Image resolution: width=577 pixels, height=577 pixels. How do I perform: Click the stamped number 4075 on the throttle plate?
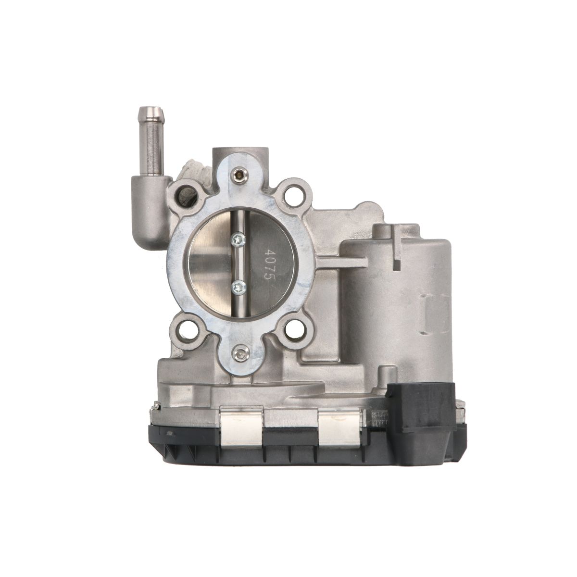pos(268,263)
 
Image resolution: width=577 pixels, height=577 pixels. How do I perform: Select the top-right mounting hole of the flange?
pos(294,193)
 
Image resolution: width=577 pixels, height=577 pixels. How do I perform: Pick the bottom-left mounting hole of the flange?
pos(186,330)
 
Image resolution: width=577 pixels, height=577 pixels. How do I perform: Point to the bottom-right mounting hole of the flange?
pos(294,330)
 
